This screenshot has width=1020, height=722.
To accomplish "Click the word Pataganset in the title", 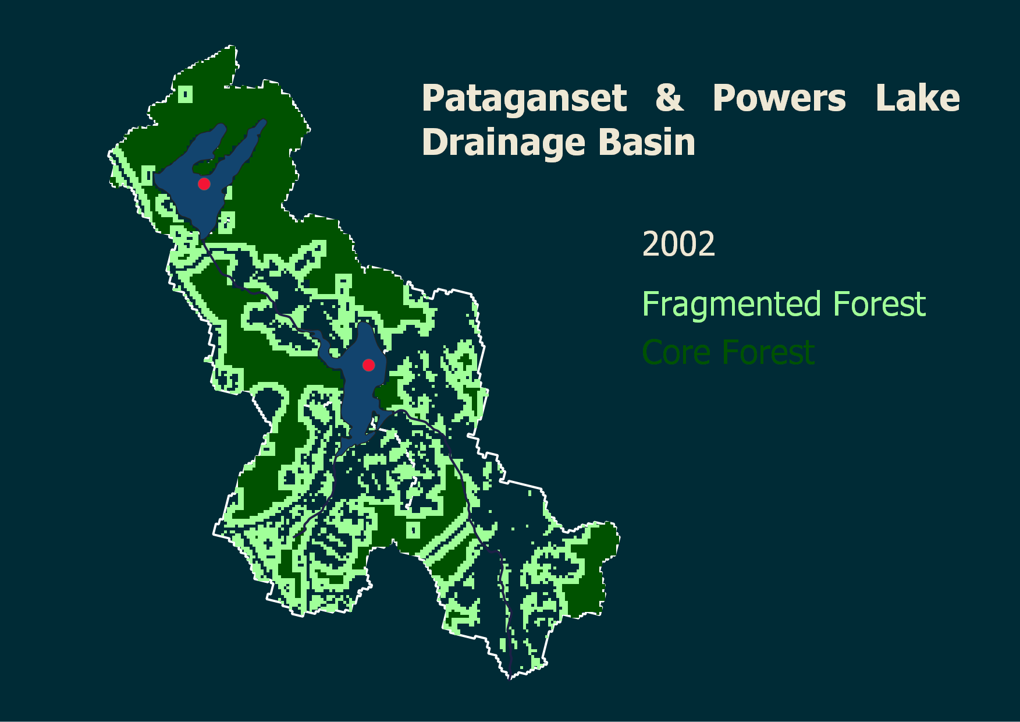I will point(524,98).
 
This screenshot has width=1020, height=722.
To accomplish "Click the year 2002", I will point(678,244).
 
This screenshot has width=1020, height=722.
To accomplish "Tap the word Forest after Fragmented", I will point(879,304).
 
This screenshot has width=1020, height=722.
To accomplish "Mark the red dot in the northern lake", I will point(204,184).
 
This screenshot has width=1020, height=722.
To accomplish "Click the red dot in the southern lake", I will point(368,365).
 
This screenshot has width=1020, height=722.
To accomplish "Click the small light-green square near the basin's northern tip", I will point(186,94).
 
